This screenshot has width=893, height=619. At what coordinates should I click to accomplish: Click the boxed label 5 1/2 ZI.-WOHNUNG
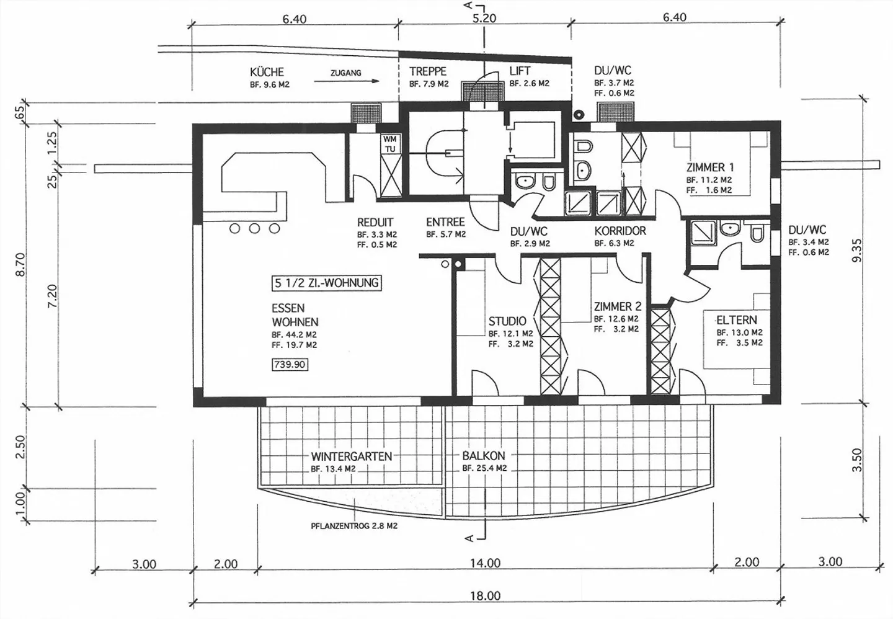326,283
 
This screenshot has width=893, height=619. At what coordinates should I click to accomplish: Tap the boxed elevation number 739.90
290,365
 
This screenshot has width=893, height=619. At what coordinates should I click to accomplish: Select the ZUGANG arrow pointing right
347,81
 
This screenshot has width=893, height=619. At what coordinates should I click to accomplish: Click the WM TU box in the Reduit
390,144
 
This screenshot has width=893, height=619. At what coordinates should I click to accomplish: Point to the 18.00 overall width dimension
485,596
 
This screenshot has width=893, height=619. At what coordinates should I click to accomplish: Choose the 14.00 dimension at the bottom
485,563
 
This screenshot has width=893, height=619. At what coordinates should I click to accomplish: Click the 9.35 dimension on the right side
857,250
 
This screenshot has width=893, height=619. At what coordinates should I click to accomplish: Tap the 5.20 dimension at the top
484,19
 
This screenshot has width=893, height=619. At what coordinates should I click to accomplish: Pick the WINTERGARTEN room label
352,456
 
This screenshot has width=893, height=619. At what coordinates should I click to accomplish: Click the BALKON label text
484,455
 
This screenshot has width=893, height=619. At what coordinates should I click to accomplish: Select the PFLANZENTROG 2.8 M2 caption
354,526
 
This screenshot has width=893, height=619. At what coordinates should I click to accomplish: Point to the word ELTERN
737,320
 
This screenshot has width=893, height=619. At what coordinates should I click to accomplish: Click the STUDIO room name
507,321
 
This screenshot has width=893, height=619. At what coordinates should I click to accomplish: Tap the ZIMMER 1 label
710,167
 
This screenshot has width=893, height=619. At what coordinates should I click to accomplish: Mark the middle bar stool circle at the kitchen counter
255,228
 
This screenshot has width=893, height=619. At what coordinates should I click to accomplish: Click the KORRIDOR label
620,231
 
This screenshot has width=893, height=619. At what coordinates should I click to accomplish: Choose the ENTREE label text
445,222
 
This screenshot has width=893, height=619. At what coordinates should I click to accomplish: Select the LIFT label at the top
520,71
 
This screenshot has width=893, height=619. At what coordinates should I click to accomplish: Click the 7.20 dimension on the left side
52,296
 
